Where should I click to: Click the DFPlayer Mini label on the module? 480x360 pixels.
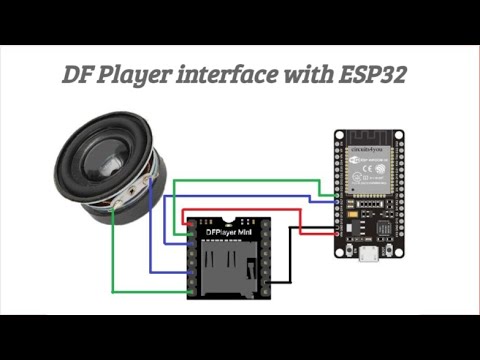(x=227, y=232)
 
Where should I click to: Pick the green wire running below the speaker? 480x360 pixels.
(x=150, y=291)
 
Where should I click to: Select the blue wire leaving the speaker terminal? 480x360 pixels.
(x=150, y=230)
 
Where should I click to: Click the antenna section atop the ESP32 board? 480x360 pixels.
(x=367, y=139)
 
